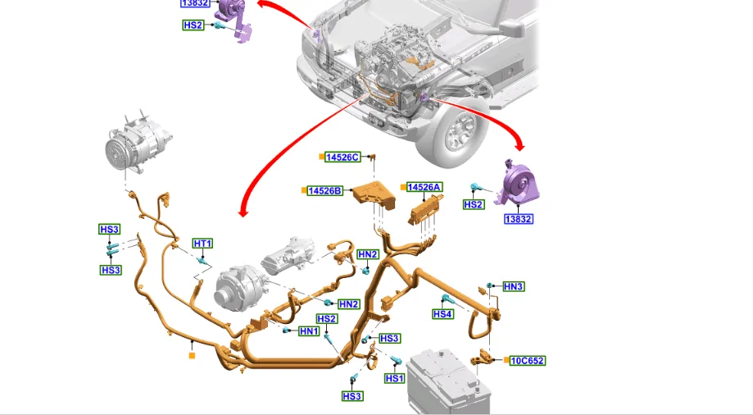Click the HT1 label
tap(202, 244)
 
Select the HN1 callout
tap(309, 331)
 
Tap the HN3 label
tap(513, 286)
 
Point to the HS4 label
tap(442, 314)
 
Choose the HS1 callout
tap(394, 378)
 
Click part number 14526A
tap(424, 187)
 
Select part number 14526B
tap(325, 191)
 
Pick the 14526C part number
tap(342, 157)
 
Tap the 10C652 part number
tap(528, 361)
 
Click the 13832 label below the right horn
tap(519, 219)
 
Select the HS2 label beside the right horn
tap(474, 204)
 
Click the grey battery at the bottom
tap(448, 381)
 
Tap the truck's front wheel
tap(459, 132)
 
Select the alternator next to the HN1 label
tap(239, 288)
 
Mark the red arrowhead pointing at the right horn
tap(519, 144)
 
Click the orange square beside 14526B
tap(303, 190)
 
